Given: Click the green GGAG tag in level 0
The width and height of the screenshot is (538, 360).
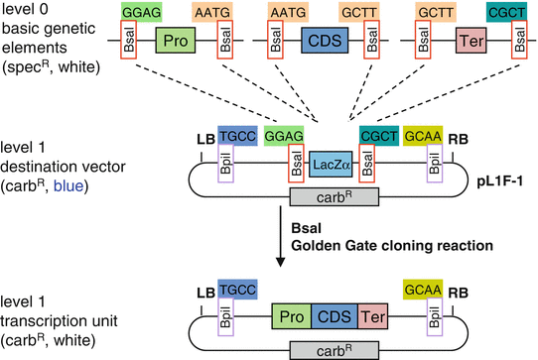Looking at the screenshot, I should click(x=137, y=11).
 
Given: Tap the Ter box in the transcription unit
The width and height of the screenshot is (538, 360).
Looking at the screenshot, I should click(x=371, y=317).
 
